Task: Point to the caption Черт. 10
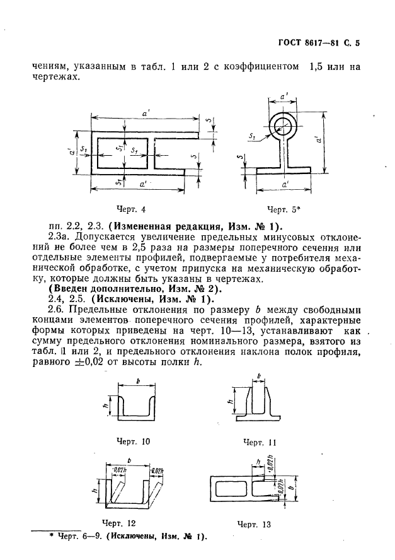(x=133, y=441)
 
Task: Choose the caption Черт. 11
(x=260, y=442)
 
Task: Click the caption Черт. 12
(x=118, y=522)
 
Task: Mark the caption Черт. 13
(x=255, y=523)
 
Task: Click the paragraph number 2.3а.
(x=61, y=238)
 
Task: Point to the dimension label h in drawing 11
(x=231, y=399)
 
